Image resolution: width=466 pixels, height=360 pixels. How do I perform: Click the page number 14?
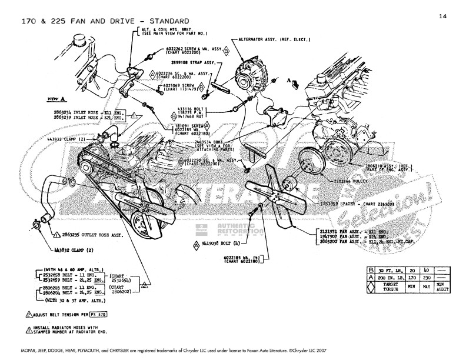[442, 16]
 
